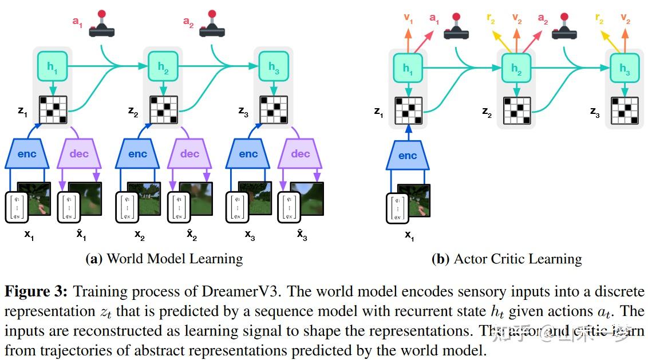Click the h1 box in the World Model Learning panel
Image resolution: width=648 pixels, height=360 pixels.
click(x=53, y=67)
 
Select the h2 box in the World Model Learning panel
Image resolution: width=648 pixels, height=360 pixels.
click(x=163, y=67)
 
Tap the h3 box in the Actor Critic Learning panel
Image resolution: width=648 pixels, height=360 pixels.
click(x=624, y=69)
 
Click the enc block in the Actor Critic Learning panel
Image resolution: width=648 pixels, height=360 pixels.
click(x=408, y=155)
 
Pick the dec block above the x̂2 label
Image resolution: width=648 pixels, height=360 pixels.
click(x=190, y=154)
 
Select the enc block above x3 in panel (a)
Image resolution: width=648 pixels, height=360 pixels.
click(x=248, y=154)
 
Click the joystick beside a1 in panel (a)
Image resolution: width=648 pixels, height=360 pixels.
click(x=102, y=25)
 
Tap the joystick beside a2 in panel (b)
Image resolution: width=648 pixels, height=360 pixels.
click(x=563, y=27)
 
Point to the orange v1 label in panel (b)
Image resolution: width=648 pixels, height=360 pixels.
click(x=408, y=18)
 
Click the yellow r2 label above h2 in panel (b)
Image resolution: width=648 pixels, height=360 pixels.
click(x=491, y=18)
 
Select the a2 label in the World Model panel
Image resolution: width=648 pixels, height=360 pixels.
click(x=188, y=22)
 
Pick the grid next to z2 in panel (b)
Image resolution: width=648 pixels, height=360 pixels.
click(x=517, y=110)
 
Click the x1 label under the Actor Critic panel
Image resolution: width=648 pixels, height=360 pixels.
click(x=409, y=235)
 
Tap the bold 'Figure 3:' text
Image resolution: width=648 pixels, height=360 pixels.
click(x=36, y=291)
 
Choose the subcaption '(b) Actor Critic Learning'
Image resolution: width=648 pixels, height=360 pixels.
click(x=506, y=259)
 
